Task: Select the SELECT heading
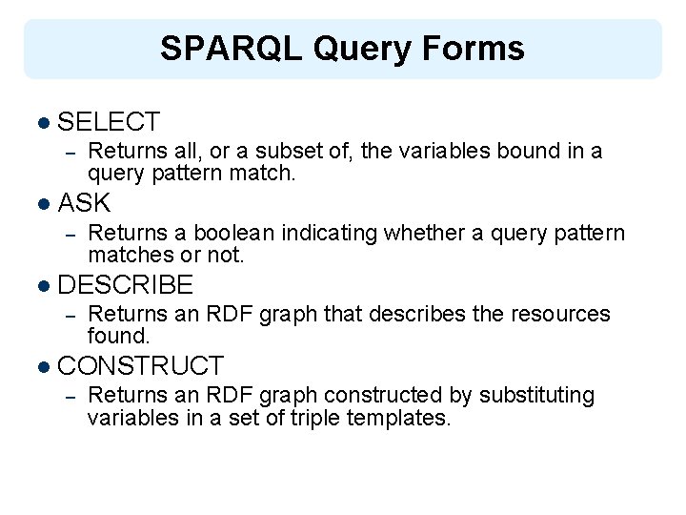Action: (109, 122)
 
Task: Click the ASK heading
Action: (84, 203)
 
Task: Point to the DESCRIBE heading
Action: (126, 284)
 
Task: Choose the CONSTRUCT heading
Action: (140, 365)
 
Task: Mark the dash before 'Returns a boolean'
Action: (69, 234)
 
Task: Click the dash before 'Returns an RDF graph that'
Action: (69, 315)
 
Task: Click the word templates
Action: (402, 418)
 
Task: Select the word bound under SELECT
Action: (529, 151)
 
